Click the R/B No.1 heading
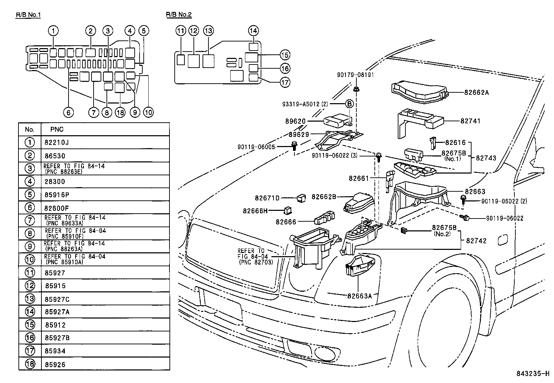(31, 15)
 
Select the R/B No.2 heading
(179, 15)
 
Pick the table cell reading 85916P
(55, 194)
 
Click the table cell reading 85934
(55, 351)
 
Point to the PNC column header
(57, 129)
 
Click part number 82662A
(476, 93)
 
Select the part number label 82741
(470, 121)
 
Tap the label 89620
(295, 122)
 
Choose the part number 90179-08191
(356, 75)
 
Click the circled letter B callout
(349, 104)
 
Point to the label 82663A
(359, 296)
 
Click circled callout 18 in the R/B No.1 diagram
(120, 112)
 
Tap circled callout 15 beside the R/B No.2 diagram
(285, 55)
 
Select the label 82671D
(267, 198)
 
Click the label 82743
(486, 158)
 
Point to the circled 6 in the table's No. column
(30, 208)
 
